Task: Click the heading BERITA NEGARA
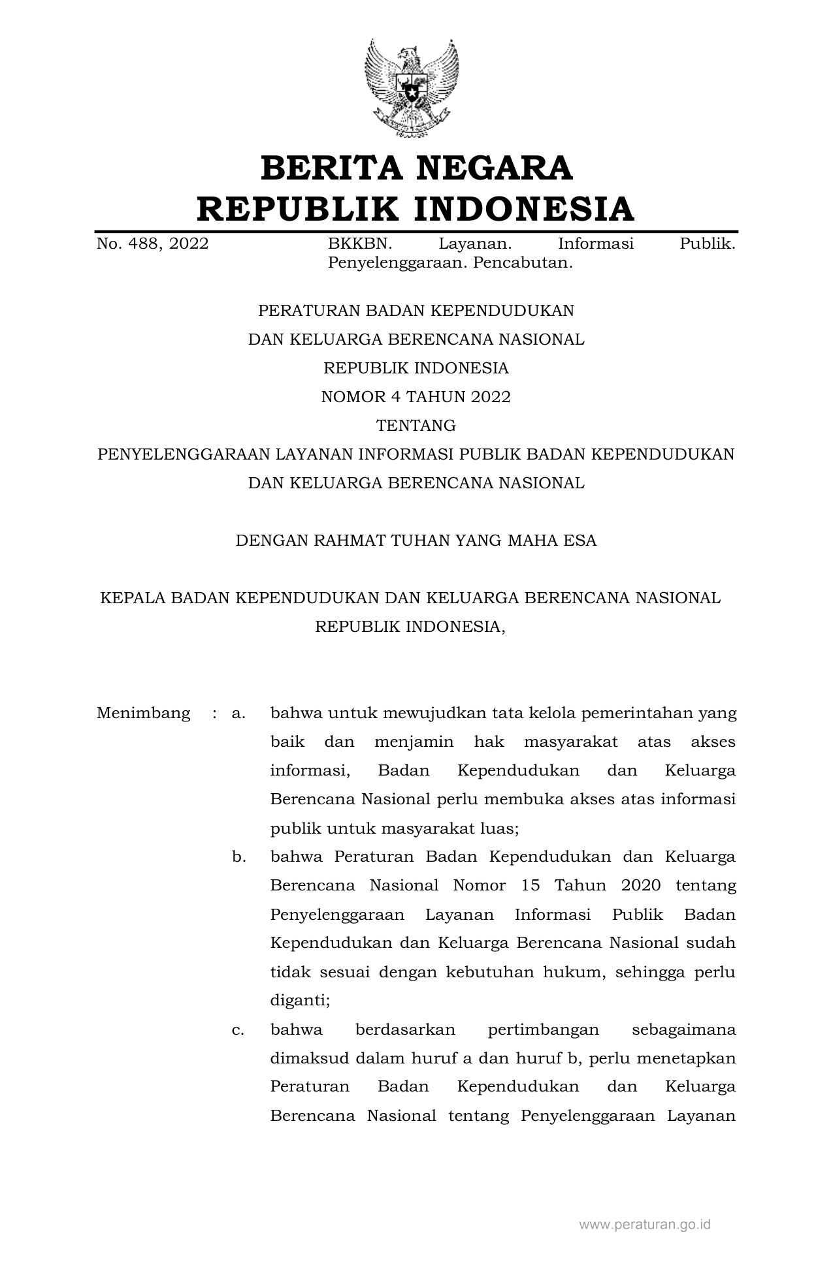pyautogui.click(x=416, y=168)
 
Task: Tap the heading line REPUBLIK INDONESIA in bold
pyautogui.click(x=416, y=209)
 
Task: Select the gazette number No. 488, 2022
pyautogui.click(x=152, y=244)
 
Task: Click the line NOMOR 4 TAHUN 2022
pyautogui.click(x=416, y=396)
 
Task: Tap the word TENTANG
pyautogui.click(x=416, y=426)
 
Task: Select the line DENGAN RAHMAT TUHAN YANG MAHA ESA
pyautogui.click(x=416, y=541)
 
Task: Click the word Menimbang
pyautogui.click(x=143, y=713)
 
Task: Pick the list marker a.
pyautogui.click(x=238, y=713)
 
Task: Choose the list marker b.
pyautogui.click(x=238, y=857)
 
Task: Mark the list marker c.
pyautogui.click(x=238, y=1029)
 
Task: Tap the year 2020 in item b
pyautogui.click(x=641, y=885)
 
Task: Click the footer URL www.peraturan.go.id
pyautogui.click(x=645, y=1224)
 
